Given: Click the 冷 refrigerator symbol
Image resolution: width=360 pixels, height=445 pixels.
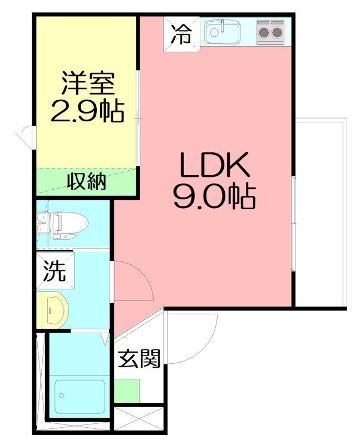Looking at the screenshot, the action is pos(182,34).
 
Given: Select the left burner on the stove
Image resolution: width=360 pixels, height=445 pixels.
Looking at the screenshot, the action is pos(264,33).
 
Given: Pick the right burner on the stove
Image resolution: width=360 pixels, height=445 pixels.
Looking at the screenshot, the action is pos(277,33).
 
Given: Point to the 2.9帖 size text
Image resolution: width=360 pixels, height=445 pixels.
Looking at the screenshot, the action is pos(88,111).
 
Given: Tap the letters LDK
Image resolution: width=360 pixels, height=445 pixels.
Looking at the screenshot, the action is pos(214,165).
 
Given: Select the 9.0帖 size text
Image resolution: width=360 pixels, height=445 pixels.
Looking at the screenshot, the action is pos(214,197).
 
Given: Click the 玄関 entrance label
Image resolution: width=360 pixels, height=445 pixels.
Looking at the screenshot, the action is pos(139,358).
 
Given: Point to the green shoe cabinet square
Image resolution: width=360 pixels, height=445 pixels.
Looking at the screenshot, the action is pos(127,391).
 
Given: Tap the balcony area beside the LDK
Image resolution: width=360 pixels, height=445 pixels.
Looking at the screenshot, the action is pos(321,212).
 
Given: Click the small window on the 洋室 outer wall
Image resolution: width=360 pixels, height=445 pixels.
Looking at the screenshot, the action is pos(27,136).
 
